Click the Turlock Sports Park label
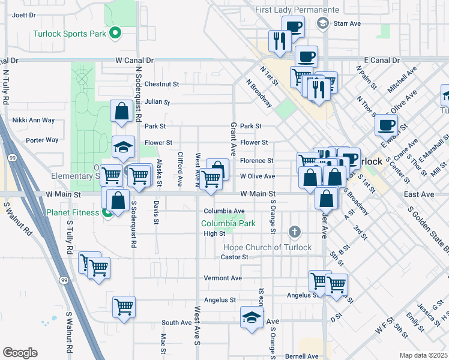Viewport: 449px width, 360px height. pos(70,34)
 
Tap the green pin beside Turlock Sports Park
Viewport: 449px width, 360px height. pos(115,33)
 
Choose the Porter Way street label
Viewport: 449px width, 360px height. pos(42,140)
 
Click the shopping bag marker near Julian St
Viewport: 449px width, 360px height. pos(122,112)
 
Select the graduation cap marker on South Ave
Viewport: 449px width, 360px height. pos(252,317)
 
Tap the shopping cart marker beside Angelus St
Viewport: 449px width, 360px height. pos(124,307)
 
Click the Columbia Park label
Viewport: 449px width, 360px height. pos(228,224)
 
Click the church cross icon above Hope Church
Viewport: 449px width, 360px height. pos(294,232)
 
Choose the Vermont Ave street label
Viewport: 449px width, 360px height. pos(222,278)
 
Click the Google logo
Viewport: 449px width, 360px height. pos(20,352)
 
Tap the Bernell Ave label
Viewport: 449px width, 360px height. pos(301,356)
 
